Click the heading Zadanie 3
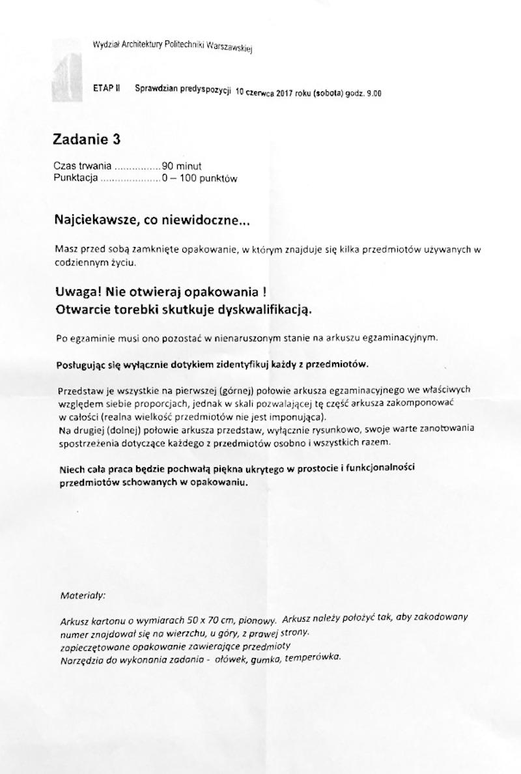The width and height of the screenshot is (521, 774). [87, 139]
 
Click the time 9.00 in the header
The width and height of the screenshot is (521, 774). [374, 94]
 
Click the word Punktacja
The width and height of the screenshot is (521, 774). [76, 178]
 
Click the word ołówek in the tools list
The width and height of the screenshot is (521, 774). [230, 659]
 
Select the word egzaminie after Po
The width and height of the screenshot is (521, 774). [96, 338]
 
